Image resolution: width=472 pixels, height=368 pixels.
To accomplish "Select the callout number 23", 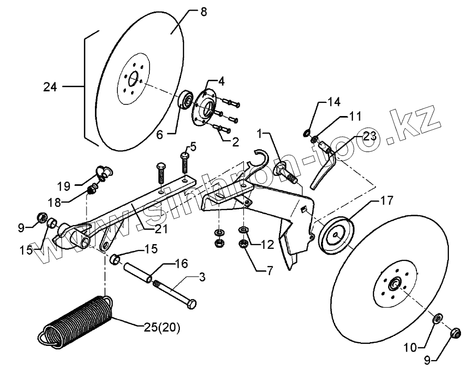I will (369, 135).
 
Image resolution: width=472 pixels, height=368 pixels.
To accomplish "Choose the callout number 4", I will (221, 81).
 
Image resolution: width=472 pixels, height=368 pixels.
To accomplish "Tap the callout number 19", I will (63, 185).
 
